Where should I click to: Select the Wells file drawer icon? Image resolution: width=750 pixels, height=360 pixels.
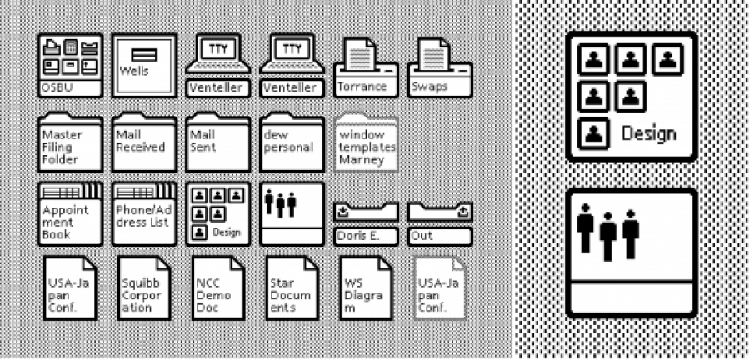[x=144, y=66]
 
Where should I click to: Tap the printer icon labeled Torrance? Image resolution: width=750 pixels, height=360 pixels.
[x=366, y=67]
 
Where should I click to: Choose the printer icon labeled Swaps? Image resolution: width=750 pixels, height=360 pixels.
[x=440, y=67]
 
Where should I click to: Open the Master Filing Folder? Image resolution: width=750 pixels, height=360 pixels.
[x=70, y=142]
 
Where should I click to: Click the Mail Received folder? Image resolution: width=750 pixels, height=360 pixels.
[x=144, y=142]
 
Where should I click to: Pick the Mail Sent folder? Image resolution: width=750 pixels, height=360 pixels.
[x=218, y=142]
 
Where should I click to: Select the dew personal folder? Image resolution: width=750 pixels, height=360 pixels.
[x=292, y=142]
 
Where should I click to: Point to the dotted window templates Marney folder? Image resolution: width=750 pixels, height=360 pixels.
[x=366, y=142]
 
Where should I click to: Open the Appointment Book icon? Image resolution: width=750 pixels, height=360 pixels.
[x=70, y=213]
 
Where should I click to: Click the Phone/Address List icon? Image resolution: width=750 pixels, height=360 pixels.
[x=144, y=213]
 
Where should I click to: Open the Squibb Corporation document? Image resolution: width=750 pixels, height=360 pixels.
[x=144, y=288]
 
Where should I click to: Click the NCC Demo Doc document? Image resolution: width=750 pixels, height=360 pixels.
[x=218, y=288]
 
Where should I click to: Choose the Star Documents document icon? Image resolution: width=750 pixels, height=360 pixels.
[x=292, y=288]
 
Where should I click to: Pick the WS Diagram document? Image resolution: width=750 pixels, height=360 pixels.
[x=366, y=288]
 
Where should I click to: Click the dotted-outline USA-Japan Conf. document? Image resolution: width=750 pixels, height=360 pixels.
[x=440, y=288]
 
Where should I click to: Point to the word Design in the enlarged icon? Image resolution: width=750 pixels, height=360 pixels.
[x=648, y=134]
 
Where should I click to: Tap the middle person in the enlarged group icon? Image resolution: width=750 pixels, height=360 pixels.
[x=608, y=236]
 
